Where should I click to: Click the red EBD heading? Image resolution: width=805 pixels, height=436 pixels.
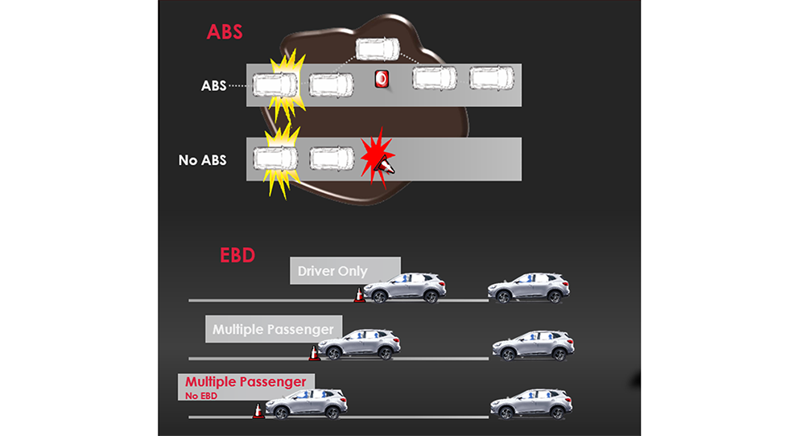[237, 256]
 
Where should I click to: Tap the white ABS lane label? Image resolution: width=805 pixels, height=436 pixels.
[213, 85]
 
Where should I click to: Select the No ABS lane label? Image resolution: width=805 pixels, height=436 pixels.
[202, 160]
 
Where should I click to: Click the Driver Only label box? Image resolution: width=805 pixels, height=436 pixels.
[344, 271]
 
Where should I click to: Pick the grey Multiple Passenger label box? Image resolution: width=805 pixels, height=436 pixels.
[274, 329]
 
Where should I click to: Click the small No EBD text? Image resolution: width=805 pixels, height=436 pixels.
[200, 395]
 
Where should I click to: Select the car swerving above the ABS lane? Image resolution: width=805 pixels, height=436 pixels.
[378, 48]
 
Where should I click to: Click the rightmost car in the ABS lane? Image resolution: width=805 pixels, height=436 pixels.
[492, 78]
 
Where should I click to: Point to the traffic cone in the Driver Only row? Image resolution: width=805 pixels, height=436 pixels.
[359, 295]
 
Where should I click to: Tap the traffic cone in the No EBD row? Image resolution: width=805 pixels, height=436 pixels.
[258, 411]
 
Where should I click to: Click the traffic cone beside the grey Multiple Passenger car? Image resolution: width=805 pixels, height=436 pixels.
[313, 352]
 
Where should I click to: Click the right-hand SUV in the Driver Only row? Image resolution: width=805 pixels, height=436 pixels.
[529, 288]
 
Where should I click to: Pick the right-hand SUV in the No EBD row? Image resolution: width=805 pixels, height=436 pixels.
[530, 404]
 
